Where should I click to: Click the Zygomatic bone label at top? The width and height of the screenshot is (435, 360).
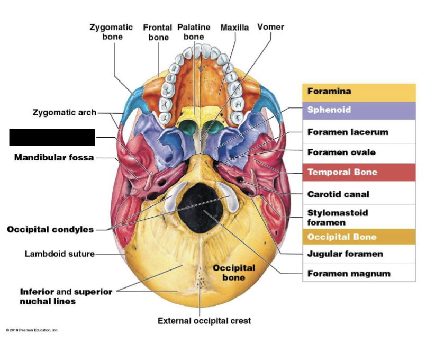(111, 32)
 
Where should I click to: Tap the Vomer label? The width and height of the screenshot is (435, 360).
(270, 27)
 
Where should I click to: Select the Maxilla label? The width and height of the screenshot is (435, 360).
(234, 28)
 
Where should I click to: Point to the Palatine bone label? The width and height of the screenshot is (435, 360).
(194, 32)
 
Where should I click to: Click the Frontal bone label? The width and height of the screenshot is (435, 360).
(158, 32)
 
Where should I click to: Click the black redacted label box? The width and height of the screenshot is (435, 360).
(52, 137)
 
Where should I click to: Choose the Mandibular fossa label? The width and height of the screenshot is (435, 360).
(54, 157)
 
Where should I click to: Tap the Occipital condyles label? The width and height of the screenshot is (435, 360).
(50, 229)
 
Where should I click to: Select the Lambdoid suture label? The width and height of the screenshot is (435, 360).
(60, 254)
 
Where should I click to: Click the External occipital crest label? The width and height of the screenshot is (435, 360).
(204, 321)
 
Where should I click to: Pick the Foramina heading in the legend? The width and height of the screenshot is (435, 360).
(329, 91)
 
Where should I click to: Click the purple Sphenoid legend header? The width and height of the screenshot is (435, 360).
(329, 110)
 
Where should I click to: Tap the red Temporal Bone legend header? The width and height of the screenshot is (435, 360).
(341, 172)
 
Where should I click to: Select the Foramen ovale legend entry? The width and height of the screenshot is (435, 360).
(341, 152)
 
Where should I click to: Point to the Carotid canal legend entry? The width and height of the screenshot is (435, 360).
(338, 194)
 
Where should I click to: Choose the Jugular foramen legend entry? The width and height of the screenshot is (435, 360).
(345, 254)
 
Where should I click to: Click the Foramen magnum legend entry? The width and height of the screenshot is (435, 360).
(349, 274)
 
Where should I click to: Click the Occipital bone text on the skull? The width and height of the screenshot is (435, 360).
(233, 273)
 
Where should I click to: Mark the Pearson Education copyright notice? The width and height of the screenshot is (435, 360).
(32, 330)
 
